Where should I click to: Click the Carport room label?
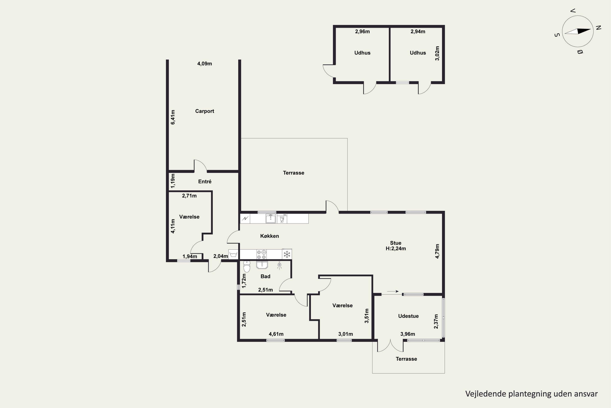pos(204,111)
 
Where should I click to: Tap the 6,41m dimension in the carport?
pos(173,117)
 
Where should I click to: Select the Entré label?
pos(205,182)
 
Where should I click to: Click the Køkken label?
pos(269,236)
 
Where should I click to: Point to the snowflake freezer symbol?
pos(287,254)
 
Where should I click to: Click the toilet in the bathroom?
pos(247,266)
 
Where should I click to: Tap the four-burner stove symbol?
pos(261,254)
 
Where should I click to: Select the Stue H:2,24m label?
pos(396,246)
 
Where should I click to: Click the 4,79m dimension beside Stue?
pos(437,251)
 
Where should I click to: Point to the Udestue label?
pos(408,316)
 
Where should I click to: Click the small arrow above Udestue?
pos(393,292)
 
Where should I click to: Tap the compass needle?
pos(578,31)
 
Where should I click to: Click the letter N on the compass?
pos(599,28)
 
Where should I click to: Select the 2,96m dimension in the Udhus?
pos(362,31)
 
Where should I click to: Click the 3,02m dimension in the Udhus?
pos(437,53)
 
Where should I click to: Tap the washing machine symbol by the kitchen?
pos(233,254)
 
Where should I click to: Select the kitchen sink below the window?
pos(270,218)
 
